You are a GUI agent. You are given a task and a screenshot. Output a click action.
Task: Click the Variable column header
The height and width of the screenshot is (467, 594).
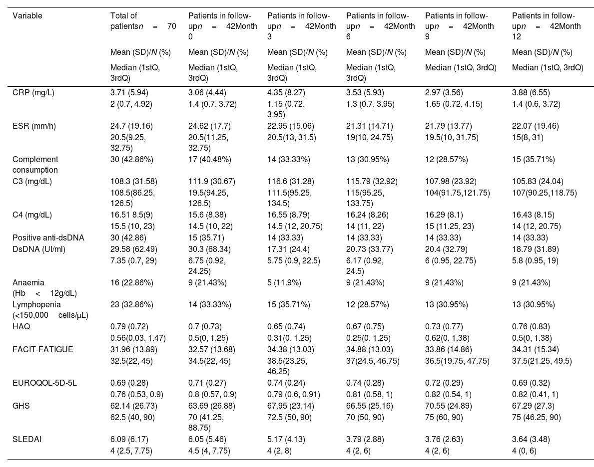27,15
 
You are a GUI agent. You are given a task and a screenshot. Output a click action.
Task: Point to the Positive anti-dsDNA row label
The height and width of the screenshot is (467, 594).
48,237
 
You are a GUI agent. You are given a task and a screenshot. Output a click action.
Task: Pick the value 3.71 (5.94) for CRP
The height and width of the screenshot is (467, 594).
129,92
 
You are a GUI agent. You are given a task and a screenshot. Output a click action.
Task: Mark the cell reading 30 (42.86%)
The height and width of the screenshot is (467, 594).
132,159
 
